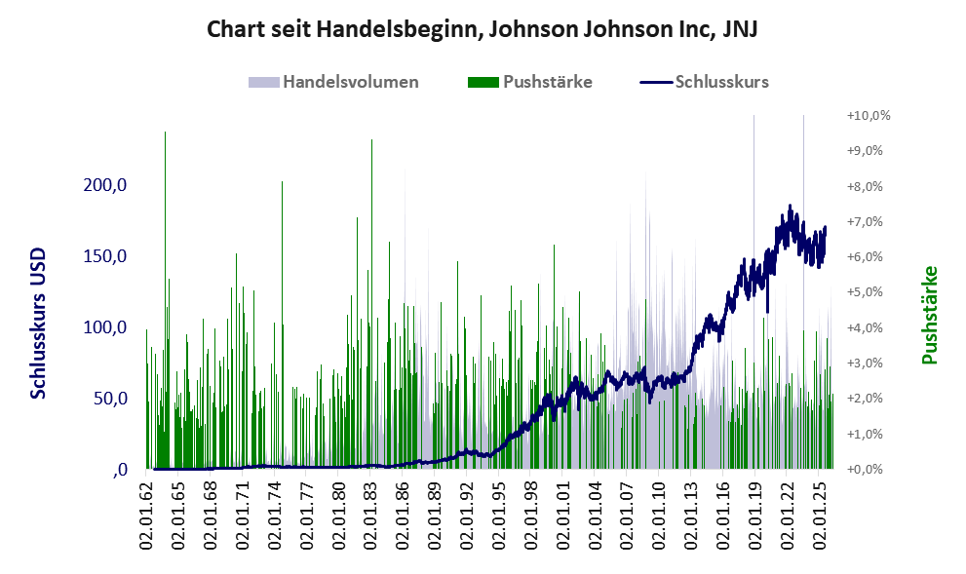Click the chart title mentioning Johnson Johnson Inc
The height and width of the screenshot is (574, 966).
click(x=482, y=29)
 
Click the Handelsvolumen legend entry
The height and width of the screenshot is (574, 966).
click(x=333, y=82)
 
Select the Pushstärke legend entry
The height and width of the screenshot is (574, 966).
click(x=530, y=82)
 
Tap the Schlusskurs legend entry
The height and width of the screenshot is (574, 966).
click(x=704, y=82)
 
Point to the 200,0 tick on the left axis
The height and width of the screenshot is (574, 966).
click(x=104, y=185)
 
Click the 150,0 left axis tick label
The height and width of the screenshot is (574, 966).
click(x=104, y=256)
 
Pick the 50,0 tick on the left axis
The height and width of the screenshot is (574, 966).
click(x=110, y=399)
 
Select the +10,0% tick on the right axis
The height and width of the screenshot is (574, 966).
click(x=869, y=116)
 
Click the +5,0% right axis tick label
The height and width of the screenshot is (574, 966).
click(x=865, y=292)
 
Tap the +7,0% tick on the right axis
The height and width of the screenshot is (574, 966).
click(x=865, y=222)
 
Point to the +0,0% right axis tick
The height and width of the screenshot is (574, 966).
click(x=865, y=470)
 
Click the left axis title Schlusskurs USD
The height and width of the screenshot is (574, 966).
click(x=38, y=324)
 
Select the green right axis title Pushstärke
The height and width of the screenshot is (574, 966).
click(x=929, y=315)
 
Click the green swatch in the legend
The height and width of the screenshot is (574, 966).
click(x=483, y=83)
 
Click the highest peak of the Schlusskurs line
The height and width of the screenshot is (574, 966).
click(x=790, y=206)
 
